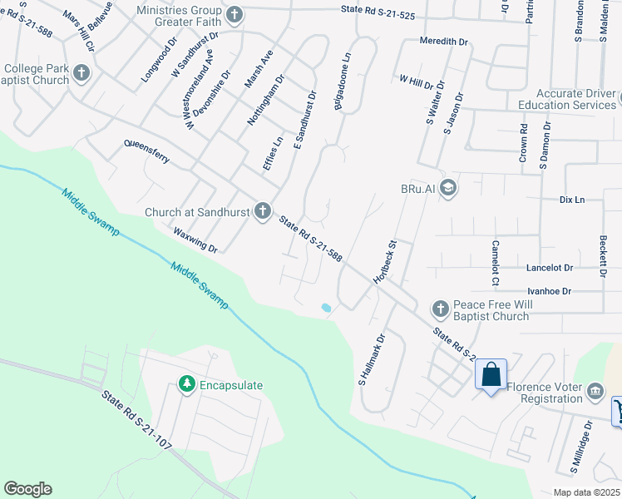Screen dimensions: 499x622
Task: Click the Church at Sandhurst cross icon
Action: click(263, 212)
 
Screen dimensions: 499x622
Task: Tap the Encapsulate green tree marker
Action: click(187, 385)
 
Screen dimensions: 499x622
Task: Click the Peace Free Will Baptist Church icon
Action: click(440, 309)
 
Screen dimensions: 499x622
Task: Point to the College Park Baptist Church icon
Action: click(81, 74)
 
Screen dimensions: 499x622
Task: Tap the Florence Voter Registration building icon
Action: click(595, 391)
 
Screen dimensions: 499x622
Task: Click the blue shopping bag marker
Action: click(491, 375)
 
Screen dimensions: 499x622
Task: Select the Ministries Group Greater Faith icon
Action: click(234, 14)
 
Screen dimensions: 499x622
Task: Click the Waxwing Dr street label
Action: click(195, 237)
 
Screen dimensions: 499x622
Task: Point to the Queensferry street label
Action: click(146, 153)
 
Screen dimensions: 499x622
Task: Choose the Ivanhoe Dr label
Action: click(550, 292)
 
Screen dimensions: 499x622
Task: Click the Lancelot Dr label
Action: click(550, 269)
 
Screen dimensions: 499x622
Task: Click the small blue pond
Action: click(326, 308)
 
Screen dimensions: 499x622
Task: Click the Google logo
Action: click(27, 489)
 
